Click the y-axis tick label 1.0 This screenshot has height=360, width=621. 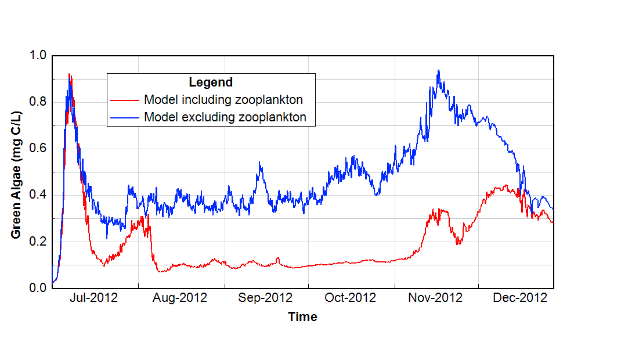(38, 56)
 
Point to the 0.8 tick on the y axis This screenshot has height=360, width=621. (38, 102)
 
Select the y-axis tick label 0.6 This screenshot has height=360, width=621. (38, 149)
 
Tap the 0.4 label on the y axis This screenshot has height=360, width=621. (38, 195)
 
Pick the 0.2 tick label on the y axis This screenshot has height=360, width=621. (38, 242)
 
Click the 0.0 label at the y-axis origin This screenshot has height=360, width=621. (38, 288)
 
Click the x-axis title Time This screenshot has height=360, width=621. (303, 317)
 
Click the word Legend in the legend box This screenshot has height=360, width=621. (211, 82)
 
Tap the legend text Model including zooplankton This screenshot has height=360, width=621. (223, 99)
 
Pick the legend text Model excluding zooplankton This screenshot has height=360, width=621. (225, 117)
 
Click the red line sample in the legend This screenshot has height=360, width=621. (125, 100)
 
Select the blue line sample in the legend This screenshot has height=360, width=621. (125, 117)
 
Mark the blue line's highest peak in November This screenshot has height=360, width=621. (438, 70)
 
